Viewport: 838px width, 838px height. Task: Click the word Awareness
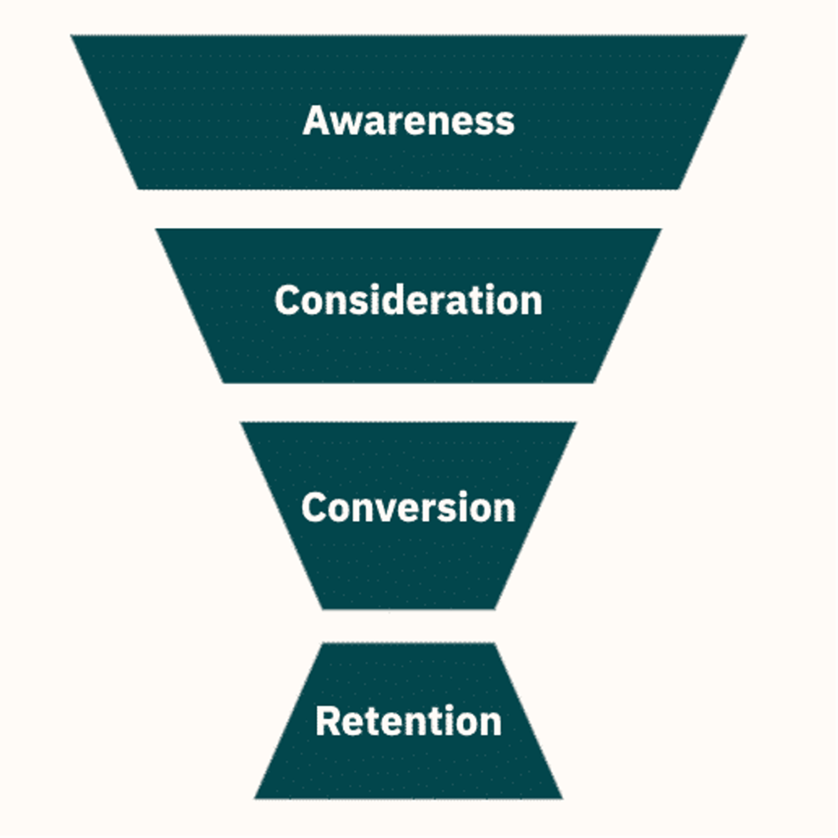408,121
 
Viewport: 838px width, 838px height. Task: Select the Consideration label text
408,300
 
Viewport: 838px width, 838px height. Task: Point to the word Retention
408,721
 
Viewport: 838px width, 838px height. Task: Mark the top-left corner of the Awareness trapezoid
72,36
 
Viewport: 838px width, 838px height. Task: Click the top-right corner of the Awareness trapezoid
746,36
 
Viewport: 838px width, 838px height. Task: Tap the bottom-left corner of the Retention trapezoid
255,798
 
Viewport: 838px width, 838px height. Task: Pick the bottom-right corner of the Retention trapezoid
562,798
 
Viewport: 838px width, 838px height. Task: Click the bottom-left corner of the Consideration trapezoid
223,382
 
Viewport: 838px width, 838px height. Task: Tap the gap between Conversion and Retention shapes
408,626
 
